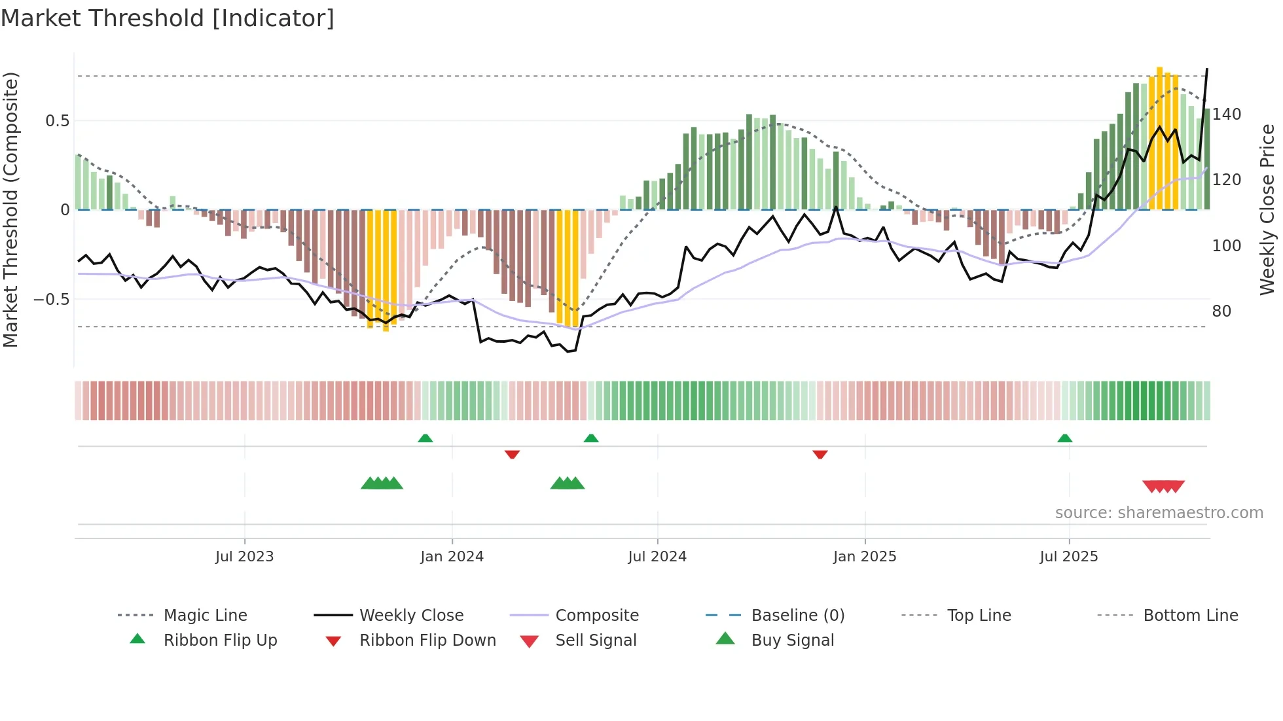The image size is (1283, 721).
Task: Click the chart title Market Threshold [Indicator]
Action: pos(168,18)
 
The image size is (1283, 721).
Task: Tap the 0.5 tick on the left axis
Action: pos(57,121)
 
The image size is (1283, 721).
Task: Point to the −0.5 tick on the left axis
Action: pos(52,300)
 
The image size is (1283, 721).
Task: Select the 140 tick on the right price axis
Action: pos(1226,114)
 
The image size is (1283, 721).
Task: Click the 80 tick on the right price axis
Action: pos(1221,311)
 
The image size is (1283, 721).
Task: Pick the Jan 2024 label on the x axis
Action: pos(452,557)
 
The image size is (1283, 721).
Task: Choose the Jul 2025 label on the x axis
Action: pos(1068,557)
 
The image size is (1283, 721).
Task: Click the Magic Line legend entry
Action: pos(205,616)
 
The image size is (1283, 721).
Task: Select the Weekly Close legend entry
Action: pos(411,616)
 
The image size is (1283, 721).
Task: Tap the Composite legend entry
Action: pos(597,616)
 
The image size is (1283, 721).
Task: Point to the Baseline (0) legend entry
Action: pos(797,616)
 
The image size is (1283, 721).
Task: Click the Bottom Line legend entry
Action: pos(1190,616)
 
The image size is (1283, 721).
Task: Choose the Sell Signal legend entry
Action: pos(596,641)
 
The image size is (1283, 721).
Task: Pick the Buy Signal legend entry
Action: pos(792,641)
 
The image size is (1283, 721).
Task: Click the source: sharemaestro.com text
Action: pos(1159,513)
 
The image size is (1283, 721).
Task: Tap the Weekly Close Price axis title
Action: pos(1267,209)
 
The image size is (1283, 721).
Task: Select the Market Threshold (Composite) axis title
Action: pos(10,209)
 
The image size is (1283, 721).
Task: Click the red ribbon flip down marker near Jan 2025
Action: pos(820,454)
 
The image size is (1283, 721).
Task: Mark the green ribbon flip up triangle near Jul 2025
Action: pos(1064,438)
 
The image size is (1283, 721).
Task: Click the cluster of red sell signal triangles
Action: pos(1163,486)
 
